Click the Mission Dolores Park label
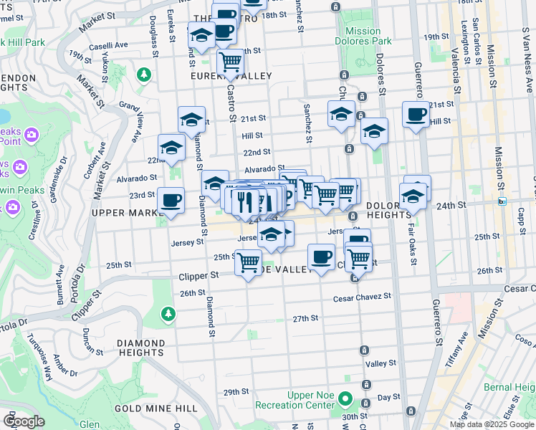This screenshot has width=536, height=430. [x=363, y=36]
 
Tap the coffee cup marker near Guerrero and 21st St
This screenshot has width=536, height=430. [x=416, y=114]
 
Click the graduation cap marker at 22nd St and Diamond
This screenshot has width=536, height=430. [x=171, y=147]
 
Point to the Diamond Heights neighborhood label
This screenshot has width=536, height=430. [x=140, y=348]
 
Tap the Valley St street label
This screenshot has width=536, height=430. [x=381, y=364]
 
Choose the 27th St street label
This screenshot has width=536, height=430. [x=305, y=318]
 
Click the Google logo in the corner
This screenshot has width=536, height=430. [x=23, y=421]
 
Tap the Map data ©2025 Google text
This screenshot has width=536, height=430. [x=492, y=424]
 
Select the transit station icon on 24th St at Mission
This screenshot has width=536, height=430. [x=502, y=201]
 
